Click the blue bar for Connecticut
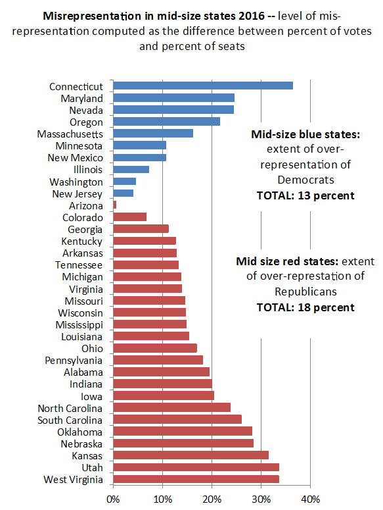203,86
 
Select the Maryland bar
174,97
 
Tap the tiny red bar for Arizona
115,205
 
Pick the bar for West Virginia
196,479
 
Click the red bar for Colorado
130,217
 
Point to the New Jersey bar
124,193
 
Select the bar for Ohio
155,348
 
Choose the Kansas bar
191,455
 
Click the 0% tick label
113,499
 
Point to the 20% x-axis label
212,499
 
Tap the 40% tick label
311,499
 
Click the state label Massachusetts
70,134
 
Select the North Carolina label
70,409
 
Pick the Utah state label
92,468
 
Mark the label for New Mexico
76,158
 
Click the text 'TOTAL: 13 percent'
305,196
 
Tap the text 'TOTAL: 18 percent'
305,308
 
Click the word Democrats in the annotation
305,180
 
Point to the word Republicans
305,292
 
